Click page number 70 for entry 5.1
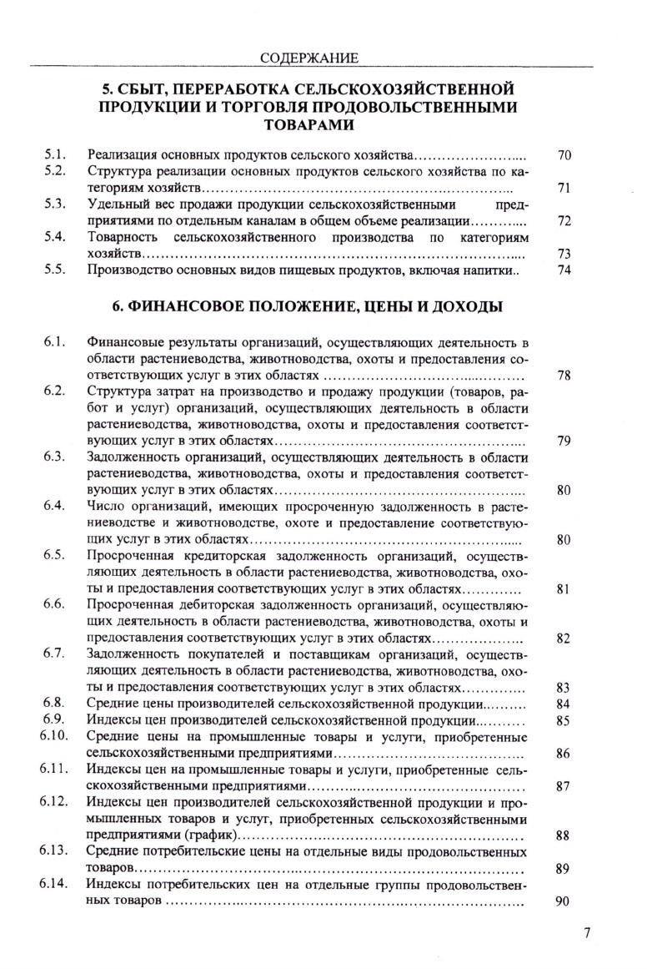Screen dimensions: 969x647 564,155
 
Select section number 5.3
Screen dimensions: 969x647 55,204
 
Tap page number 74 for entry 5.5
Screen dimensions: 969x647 564,270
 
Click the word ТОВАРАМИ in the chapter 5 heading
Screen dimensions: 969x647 308,124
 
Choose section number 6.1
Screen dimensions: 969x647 55,342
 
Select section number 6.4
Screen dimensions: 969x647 55,506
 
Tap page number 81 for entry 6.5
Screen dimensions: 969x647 564,588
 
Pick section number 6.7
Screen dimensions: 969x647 55,653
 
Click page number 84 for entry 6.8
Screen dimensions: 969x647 564,704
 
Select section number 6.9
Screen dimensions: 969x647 55,719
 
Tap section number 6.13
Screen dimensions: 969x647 52,850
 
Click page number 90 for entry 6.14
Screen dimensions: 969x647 564,901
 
